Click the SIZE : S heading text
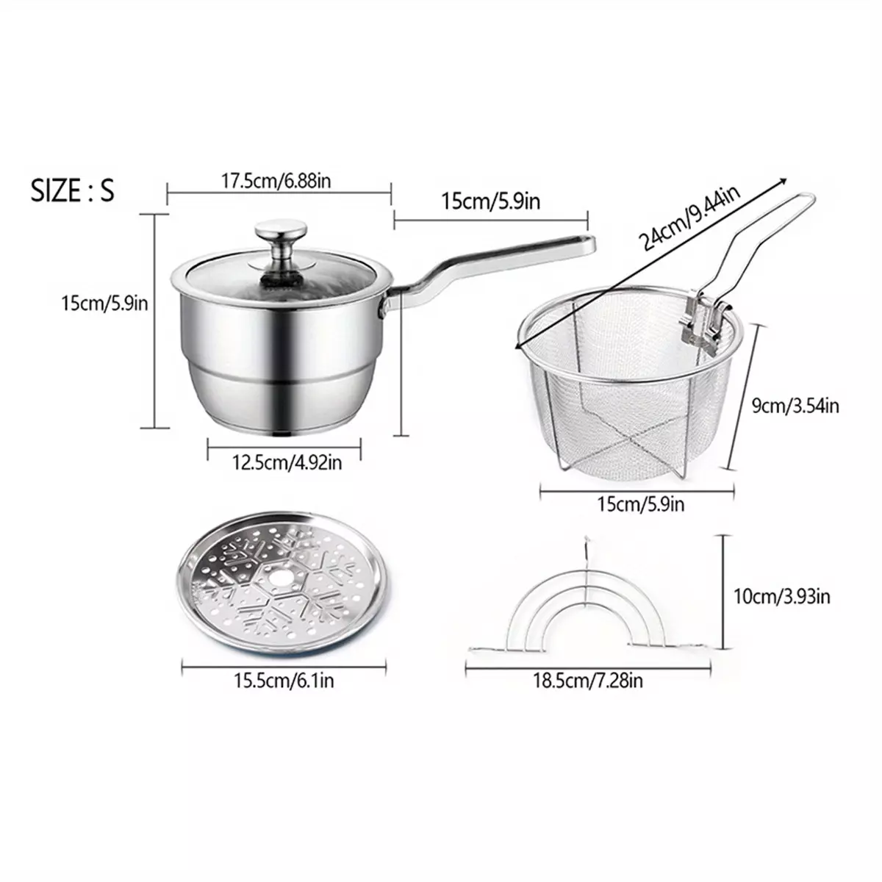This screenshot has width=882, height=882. click(x=72, y=190)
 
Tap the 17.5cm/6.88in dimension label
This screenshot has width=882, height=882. click(x=276, y=182)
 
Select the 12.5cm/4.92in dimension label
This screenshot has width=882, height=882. click(x=287, y=463)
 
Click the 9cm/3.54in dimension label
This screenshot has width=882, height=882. click(x=795, y=406)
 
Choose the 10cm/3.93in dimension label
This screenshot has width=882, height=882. click(x=782, y=597)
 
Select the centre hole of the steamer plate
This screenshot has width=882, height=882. click(x=279, y=578)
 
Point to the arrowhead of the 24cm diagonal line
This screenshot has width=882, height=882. click(x=784, y=180)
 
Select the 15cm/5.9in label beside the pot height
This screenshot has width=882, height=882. click(x=105, y=304)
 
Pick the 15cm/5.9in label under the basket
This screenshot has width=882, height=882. click(x=640, y=504)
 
